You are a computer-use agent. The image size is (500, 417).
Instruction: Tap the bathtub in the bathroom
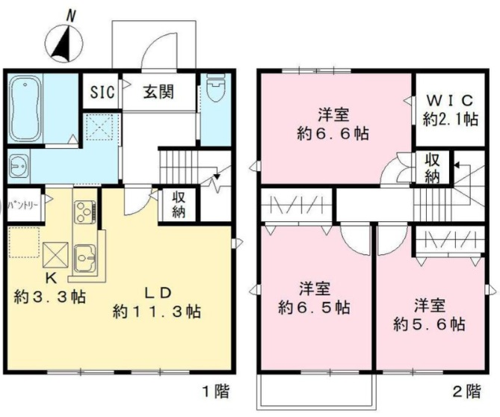coord(25,108)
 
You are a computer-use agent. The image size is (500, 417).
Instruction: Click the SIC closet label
coord(102,92)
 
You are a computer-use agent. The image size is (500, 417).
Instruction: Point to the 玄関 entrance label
coord(158,92)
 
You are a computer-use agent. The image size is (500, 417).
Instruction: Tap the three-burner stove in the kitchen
coord(84,211)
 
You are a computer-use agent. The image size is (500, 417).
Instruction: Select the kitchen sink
coord(84,258)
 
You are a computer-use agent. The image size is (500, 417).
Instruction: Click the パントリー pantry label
coord(24,204)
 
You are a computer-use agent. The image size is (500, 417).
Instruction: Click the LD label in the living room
coord(158,293)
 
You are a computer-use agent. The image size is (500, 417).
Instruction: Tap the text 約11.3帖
coord(157,311)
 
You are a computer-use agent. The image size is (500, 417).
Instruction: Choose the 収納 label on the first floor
coord(179,205)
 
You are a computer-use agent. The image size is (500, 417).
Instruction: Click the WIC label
coord(450,101)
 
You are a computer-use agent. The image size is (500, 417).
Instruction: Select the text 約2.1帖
coord(450,119)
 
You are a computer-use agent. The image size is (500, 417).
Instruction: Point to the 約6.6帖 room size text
coord(333,133)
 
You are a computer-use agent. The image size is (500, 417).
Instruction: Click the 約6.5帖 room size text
coord(315,307)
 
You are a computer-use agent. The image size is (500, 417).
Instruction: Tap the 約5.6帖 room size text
coord(429,324)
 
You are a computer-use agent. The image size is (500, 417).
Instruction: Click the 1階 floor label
coord(216,391)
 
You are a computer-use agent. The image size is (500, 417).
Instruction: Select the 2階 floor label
coord(467,391)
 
